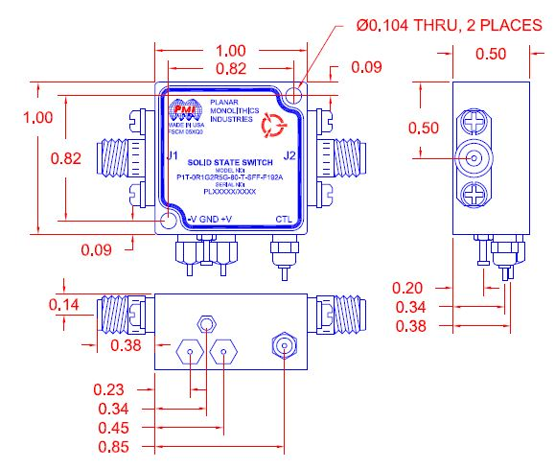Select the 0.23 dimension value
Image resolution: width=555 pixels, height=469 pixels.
click(111, 389)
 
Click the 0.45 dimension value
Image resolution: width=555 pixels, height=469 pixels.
click(111, 427)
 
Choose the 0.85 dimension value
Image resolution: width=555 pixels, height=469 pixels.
click(111, 446)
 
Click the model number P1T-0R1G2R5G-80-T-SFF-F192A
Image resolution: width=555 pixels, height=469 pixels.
click(229, 176)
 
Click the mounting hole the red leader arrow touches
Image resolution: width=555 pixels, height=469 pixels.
click(296, 91)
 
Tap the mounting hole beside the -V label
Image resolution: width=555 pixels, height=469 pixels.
click(168, 220)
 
